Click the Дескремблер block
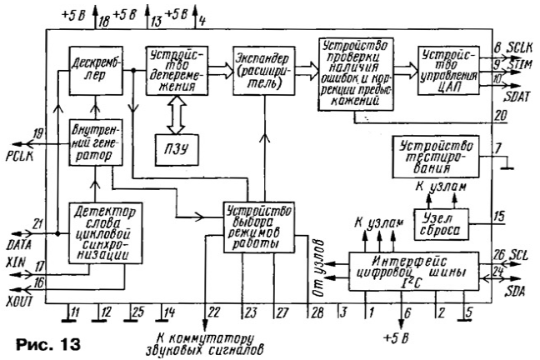[96, 71]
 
